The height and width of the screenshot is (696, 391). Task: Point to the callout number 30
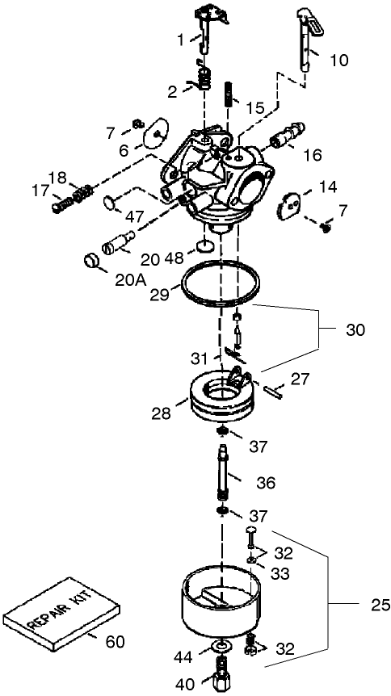tap(355, 330)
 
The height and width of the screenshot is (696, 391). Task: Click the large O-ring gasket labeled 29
tap(221, 285)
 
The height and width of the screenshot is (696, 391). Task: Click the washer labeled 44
tap(217, 647)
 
